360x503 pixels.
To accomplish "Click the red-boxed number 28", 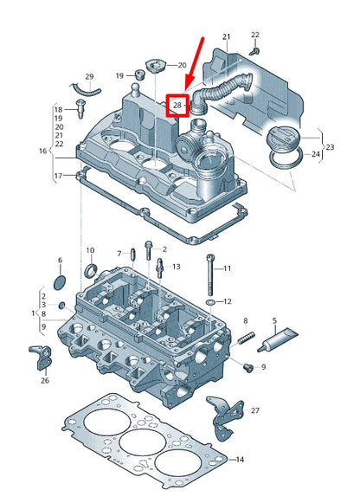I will pyautogui.click(x=177, y=105).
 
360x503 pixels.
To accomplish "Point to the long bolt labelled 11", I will pyautogui.click(x=209, y=275).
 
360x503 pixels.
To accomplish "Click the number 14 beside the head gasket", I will pyautogui.click(x=240, y=458).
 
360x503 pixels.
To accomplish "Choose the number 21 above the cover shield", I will pyautogui.click(x=227, y=36).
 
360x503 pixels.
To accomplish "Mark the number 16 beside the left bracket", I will pyautogui.click(x=42, y=151).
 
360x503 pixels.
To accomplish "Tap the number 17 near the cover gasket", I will pyautogui.click(x=59, y=176).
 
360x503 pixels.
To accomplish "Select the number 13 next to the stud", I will pyautogui.click(x=175, y=266).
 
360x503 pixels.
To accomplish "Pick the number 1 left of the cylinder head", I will pyautogui.click(x=32, y=312).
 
